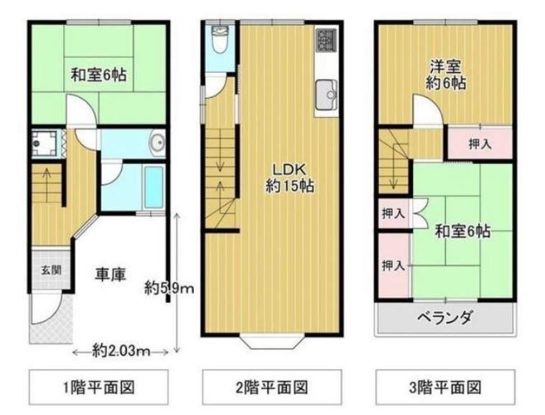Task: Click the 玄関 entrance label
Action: tap(52, 270)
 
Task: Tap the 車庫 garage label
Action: tap(110, 274)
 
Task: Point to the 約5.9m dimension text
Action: tap(169, 288)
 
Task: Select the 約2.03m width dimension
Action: tap(121, 351)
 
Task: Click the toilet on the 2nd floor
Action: tap(219, 40)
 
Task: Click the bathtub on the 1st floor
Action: tap(154, 187)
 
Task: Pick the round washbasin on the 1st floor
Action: tap(157, 142)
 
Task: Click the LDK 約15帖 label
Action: tap(290, 178)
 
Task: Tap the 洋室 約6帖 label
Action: tap(446, 75)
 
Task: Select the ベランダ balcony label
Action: tap(445, 317)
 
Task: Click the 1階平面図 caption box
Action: tap(98, 387)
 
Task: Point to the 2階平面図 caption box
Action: tap(272, 387)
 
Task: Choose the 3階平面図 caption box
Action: tap(445, 387)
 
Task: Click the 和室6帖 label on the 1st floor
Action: tap(98, 75)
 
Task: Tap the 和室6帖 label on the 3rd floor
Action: tap(462, 231)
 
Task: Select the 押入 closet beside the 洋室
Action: tap(480, 143)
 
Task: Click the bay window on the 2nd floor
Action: tap(272, 341)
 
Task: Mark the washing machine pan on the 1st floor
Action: tap(44, 142)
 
